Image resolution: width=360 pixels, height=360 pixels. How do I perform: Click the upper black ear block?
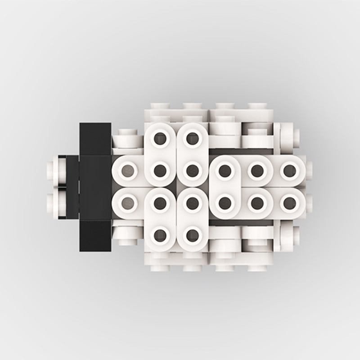pyautogui.click(x=95, y=138)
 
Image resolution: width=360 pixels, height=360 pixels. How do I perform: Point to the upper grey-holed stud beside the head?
pyautogui.click(x=128, y=170)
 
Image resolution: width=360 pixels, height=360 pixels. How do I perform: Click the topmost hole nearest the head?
pyautogui.click(x=160, y=138)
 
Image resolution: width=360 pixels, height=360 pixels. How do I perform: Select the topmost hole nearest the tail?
pyautogui.click(x=193, y=138)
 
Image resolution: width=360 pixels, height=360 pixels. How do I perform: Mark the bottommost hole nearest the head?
pyautogui.click(x=160, y=234)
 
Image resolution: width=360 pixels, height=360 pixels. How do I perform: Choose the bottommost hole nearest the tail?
pyautogui.click(x=193, y=234)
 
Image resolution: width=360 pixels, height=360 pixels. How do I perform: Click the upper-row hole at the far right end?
pyautogui.click(x=289, y=170)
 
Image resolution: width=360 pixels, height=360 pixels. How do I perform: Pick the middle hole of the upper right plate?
pyautogui.click(x=257, y=170)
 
